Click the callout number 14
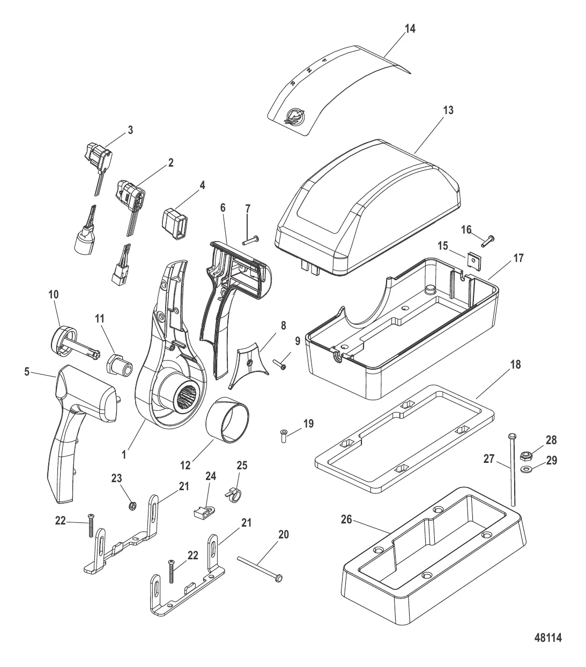(410, 28)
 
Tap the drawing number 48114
(548, 647)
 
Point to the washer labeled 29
(524, 468)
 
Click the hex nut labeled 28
(526, 455)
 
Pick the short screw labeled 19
(283, 436)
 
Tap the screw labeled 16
(488, 241)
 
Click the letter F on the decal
(324, 60)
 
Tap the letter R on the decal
(293, 84)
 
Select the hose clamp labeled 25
(233, 494)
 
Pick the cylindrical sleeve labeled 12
(227, 420)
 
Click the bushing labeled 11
(119, 365)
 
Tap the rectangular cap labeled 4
(175, 223)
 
